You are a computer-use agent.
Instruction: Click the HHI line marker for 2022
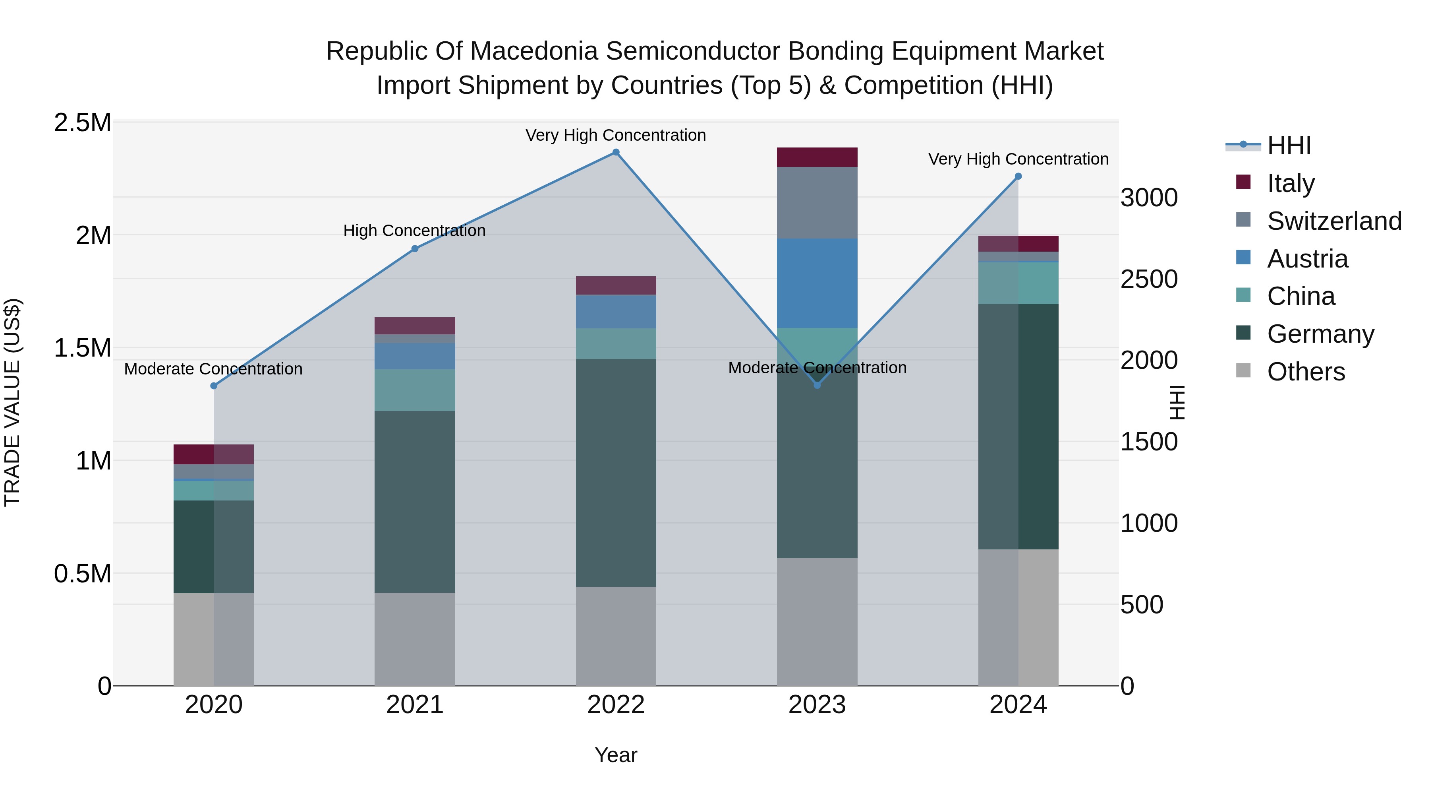coord(616,152)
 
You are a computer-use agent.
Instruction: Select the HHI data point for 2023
coord(817,385)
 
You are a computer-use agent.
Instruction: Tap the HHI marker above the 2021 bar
coord(415,249)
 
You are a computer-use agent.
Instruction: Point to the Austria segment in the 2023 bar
coord(817,283)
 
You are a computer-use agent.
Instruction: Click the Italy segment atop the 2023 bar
coord(817,157)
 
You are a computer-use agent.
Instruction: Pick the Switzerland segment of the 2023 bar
coord(817,203)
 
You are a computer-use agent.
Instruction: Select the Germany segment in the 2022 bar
coord(616,472)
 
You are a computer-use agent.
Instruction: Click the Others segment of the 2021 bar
coord(415,639)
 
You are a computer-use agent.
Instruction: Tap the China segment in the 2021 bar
coord(415,390)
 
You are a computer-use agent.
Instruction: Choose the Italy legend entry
coord(1291,183)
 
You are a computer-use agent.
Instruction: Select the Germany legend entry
coord(1320,334)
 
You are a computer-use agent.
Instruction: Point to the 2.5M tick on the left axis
coord(83,123)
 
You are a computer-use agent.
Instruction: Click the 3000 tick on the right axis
coord(1148,198)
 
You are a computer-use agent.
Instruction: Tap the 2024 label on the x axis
coord(1018,705)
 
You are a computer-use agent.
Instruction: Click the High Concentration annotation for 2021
coord(414,231)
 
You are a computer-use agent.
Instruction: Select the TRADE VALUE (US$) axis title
coord(12,402)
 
